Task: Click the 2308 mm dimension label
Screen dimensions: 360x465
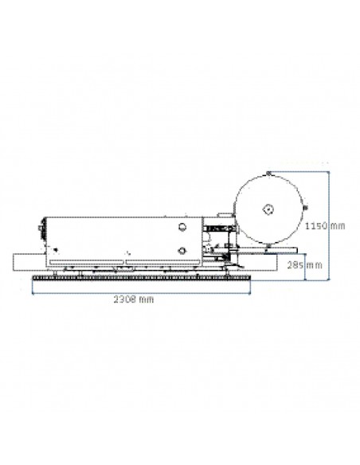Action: [x=134, y=299]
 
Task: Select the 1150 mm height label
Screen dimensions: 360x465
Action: [x=325, y=226]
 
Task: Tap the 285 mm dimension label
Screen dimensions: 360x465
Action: [x=304, y=265]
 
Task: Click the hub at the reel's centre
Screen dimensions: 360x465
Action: [x=268, y=209]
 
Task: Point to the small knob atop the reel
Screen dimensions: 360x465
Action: [x=268, y=174]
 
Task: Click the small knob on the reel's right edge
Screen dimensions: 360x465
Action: [x=306, y=207]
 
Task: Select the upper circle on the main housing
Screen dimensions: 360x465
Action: [x=182, y=227]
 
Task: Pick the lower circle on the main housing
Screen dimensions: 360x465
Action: [x=182, y=251]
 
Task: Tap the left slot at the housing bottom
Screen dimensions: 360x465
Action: [x=86, y=262]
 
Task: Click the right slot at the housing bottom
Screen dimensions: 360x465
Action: [x=162, y=262]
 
